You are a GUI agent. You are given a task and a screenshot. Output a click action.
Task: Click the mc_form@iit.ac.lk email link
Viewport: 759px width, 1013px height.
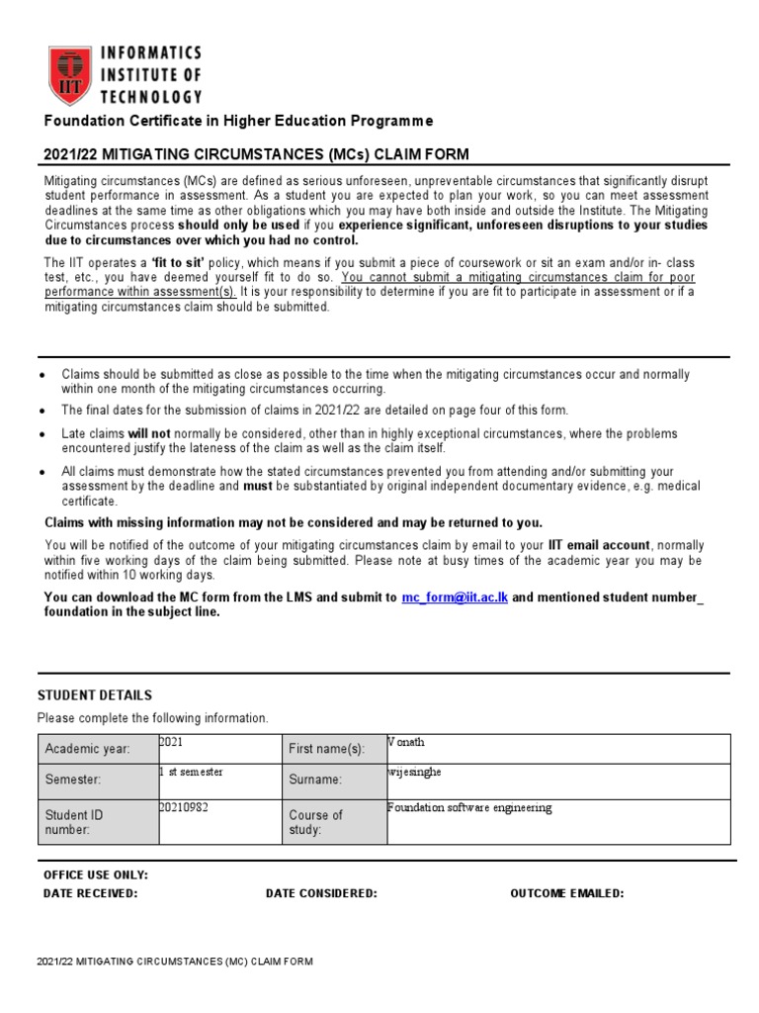point(455,599)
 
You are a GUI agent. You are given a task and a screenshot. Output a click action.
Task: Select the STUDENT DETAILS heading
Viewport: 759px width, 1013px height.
point(95,695)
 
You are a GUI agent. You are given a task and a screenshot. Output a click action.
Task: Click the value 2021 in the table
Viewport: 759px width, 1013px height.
point(171,742)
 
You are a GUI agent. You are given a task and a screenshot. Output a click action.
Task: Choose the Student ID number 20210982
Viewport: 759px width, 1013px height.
point(184,807)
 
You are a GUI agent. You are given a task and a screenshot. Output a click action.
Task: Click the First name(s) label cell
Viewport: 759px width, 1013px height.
point(326,749)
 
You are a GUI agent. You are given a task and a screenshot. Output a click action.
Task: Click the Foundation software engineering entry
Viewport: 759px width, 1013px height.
point(469,807)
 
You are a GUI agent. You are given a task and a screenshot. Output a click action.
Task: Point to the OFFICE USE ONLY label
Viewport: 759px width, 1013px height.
point(96,875)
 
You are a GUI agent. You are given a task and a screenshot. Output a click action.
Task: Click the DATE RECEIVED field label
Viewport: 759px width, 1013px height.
point(91,893)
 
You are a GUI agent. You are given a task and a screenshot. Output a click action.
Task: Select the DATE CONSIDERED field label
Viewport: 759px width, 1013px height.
point(321,893)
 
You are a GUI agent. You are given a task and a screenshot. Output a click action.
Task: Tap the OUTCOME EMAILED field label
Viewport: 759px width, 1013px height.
point(566,893)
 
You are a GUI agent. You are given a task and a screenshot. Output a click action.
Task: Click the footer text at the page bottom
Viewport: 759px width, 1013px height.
point(175,961)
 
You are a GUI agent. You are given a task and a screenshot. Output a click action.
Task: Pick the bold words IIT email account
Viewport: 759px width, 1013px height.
point(600,545)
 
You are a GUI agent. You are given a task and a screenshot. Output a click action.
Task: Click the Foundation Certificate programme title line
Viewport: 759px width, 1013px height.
point(237,121)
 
